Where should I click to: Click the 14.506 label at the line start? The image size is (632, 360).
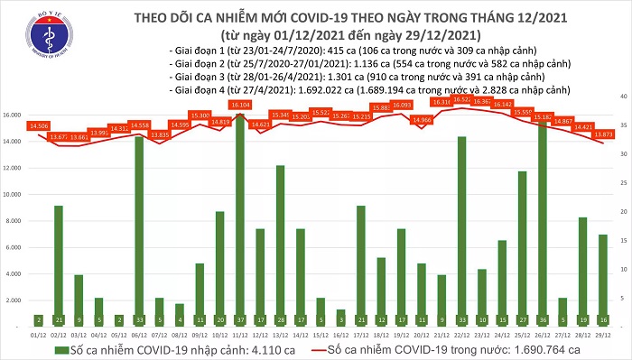pos(38,126)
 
